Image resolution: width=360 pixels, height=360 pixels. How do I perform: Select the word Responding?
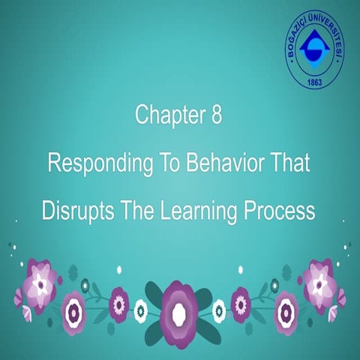click(95, 163)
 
